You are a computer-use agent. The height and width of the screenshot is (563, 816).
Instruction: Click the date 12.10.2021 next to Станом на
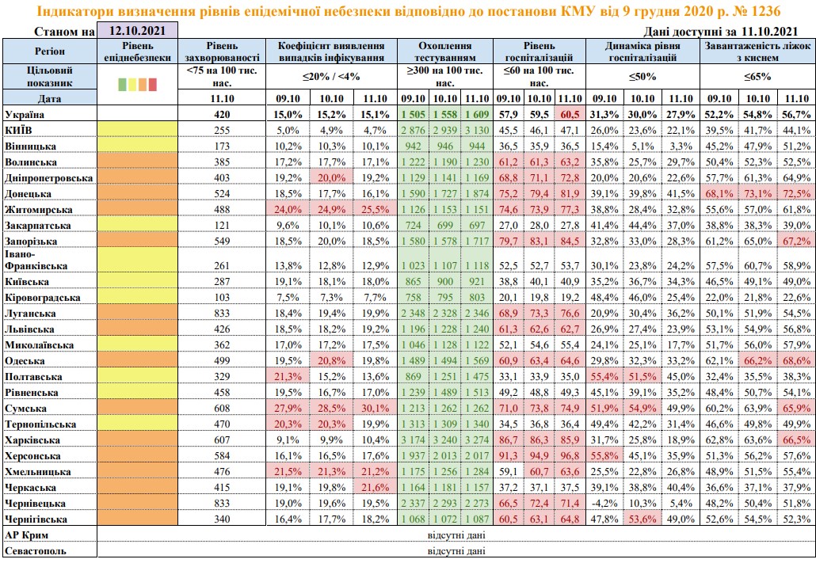pos(137,32)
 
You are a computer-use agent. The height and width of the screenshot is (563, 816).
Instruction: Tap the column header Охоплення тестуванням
pos(446,51)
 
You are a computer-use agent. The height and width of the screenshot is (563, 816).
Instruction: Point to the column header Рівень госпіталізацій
pos(539,51)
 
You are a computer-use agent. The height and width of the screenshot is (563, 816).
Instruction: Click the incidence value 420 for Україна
pos(221,114)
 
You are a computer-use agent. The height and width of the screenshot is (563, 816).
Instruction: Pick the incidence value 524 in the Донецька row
pos(221,193)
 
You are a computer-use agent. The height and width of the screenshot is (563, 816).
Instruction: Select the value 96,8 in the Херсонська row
pos(569,456)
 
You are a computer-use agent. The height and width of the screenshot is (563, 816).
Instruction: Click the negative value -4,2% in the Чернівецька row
pos(604,504)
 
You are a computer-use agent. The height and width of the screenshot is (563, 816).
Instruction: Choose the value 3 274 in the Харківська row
pos(475,440)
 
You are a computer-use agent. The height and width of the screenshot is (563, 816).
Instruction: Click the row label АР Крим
pos(25,535)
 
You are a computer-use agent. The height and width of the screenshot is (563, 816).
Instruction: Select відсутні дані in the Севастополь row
pos(455,550)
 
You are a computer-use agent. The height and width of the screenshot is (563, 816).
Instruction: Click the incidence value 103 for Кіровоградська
pos(221,298)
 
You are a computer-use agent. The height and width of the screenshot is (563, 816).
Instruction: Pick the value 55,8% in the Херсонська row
pos(604,456)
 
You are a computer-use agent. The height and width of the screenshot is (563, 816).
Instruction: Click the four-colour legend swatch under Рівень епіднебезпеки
pos(137,82)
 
